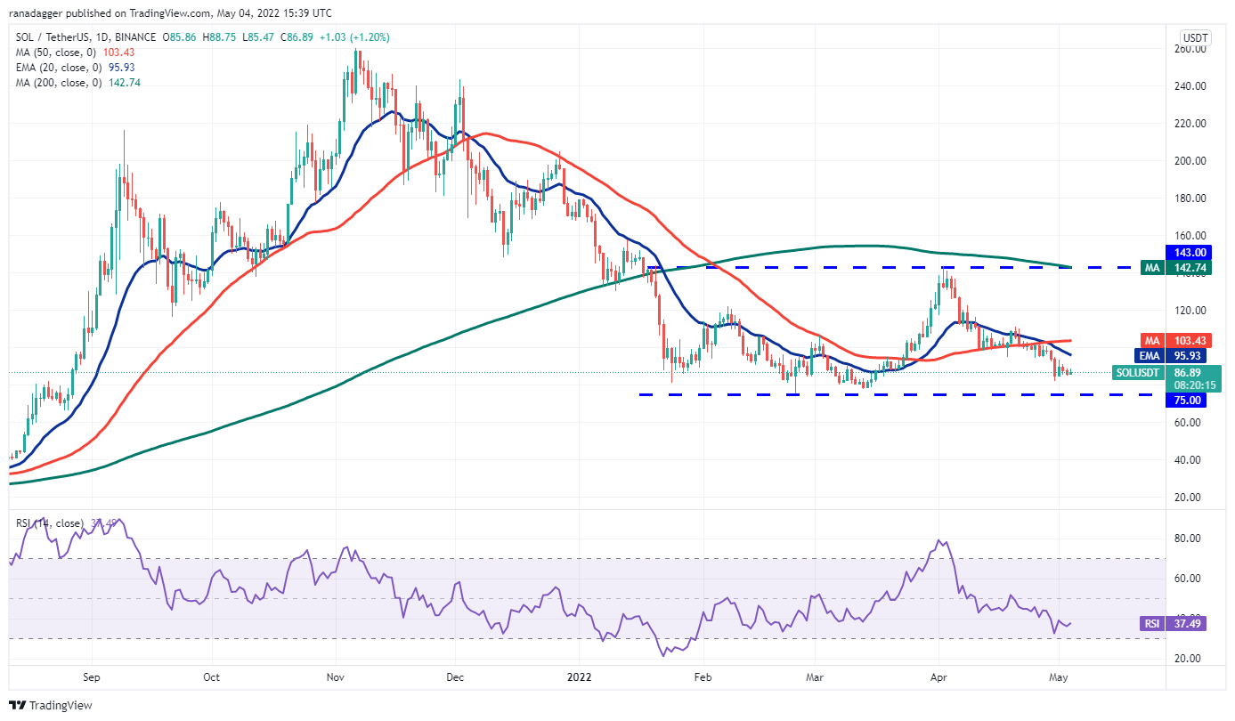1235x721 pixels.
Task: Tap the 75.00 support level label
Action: pos(1190,401)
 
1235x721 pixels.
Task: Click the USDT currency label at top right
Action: pos(1194,37)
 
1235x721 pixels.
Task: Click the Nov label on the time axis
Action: pos(335,677)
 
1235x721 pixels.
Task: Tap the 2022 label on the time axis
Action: pos(576,677)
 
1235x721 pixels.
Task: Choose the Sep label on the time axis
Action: pos(92,677)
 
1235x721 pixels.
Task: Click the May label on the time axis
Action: pos(1058,677)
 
